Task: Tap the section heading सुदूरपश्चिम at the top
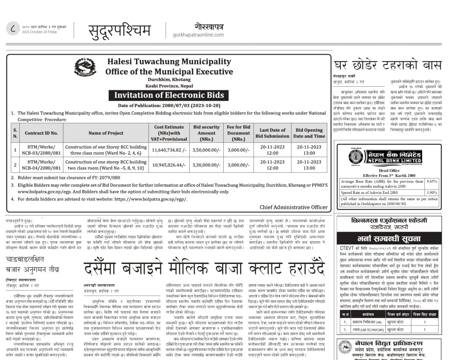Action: point(119,30)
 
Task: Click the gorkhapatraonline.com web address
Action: point(198,35)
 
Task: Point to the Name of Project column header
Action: point(106,133)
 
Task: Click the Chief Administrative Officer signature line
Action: point(293,207)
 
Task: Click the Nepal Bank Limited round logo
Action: point(359,156)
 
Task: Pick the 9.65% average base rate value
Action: point(431,181)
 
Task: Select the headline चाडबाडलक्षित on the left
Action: point(25,259)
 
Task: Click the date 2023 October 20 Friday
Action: point(40,32)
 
